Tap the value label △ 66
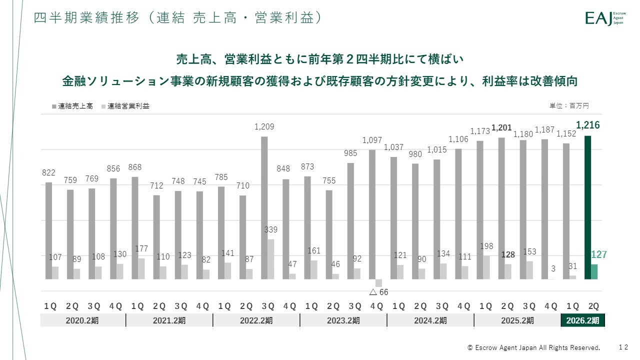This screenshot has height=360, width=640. (378, 292)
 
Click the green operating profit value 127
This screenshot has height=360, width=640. (598, 255)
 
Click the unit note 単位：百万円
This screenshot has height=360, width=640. (569, 106)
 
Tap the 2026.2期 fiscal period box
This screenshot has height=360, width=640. (582, 320)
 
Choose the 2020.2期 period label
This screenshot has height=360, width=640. (82, 320)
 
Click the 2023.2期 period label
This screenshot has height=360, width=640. (343, 320)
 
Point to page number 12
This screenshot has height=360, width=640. (623, 347)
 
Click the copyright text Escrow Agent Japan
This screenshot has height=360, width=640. (533, 347)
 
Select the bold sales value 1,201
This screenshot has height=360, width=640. (501, 128)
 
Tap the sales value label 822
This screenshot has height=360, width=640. (48, 172)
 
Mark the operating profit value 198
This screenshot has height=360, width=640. (486, 246)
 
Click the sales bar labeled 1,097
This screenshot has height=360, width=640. (372, 214)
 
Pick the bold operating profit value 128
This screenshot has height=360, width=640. (508, 254)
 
